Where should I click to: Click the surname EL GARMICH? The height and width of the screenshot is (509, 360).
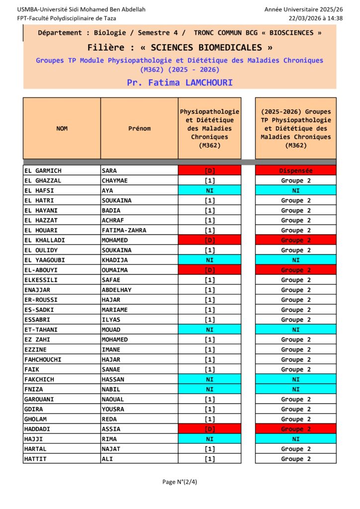[x=43, y=170]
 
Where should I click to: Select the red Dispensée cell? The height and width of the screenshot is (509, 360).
[x=295, y=170]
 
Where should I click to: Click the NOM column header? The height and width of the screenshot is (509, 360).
[x=62, y=128]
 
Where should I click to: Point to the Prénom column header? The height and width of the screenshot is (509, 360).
[x=139, y=128]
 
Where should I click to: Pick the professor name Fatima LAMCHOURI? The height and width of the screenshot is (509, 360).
[x=180, y=83]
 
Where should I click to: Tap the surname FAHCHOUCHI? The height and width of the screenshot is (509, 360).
[x=43, y=359]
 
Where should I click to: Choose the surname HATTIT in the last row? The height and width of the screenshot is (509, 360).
[x=35, y=459]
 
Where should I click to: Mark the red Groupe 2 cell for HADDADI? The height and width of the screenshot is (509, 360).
[x=295, y=429]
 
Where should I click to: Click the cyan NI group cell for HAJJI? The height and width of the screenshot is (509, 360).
[x=295, y=439]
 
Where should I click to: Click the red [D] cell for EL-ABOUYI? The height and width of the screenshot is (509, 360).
[x=209, y=270]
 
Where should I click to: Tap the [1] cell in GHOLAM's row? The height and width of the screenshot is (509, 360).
[x=209, y=419]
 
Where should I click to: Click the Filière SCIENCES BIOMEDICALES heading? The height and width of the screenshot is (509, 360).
[x=180, y=48]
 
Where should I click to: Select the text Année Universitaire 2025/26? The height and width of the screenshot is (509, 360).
[x=303, y=9]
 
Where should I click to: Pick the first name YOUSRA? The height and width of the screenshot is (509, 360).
[x=113, y=409]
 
